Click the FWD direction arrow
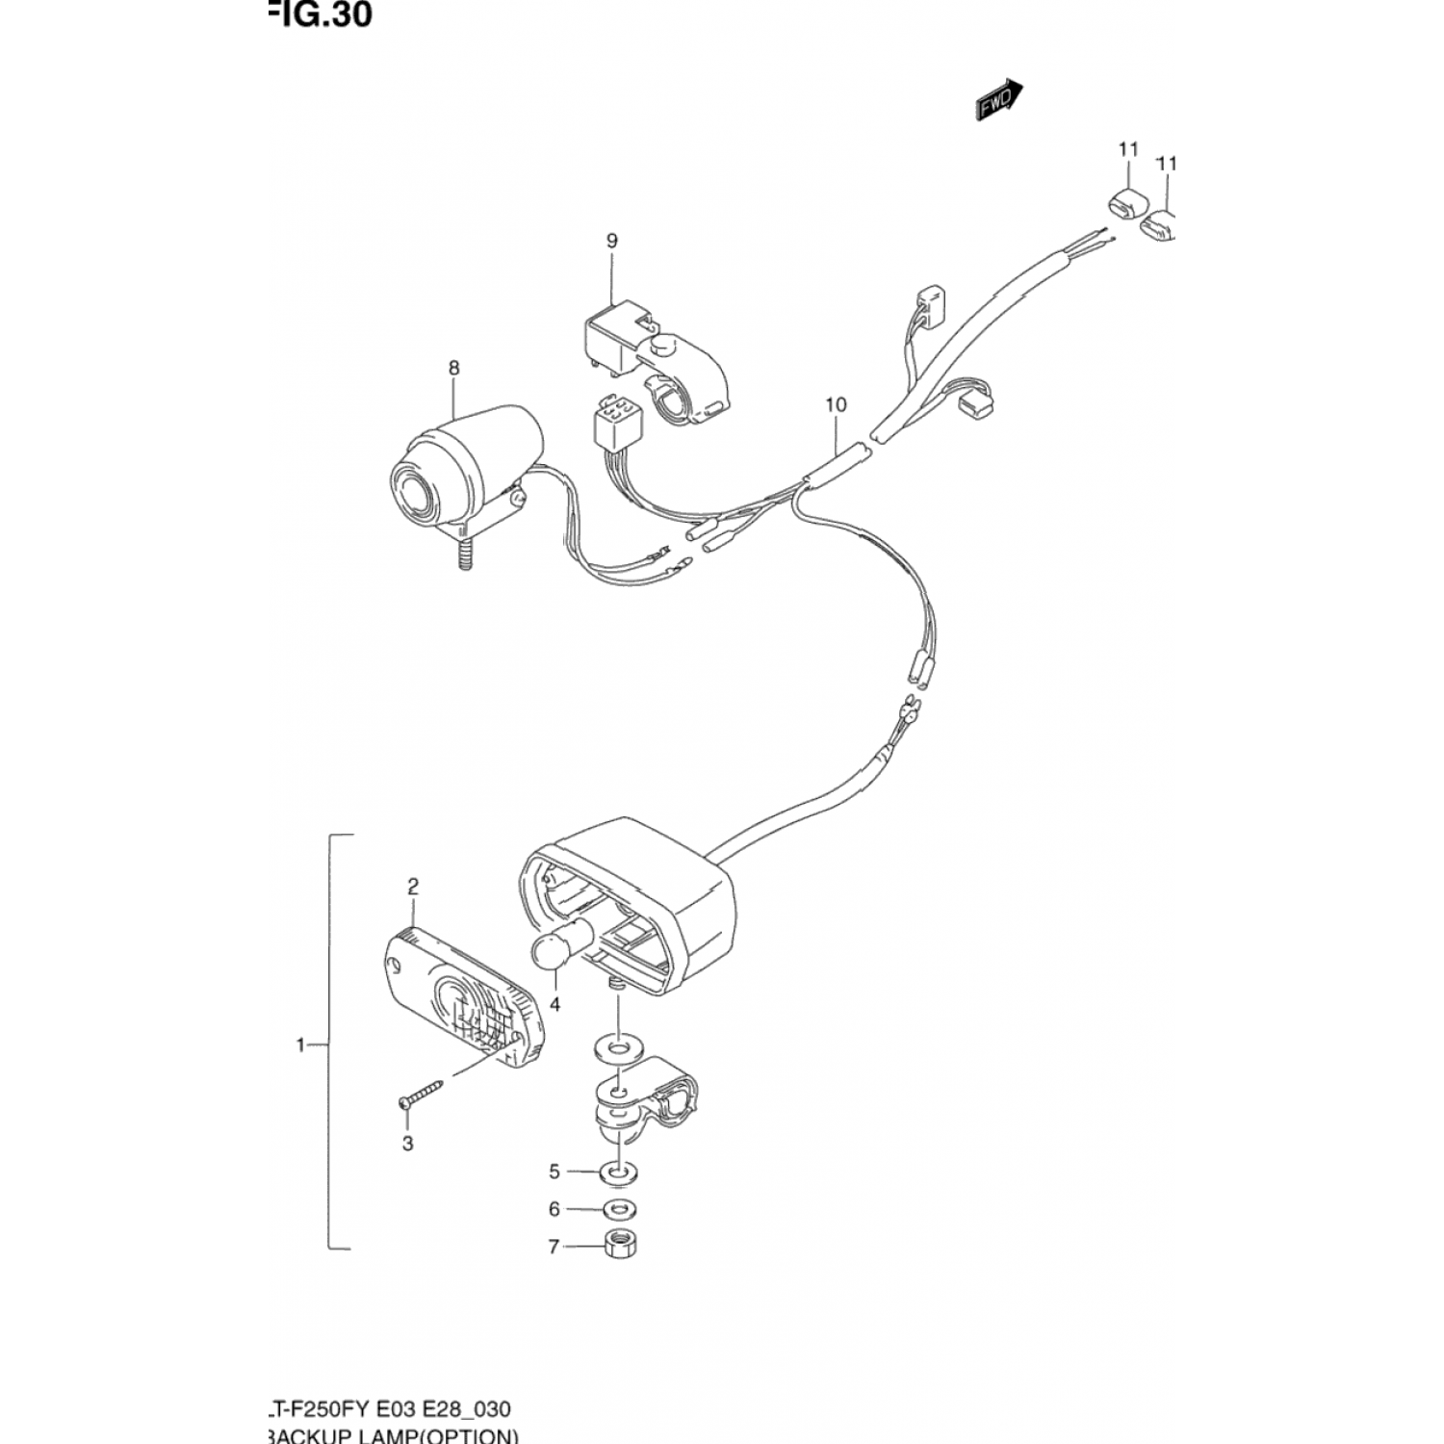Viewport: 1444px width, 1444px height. click(x=998, y=99)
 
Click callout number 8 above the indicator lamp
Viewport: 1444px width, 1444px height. click(x=453, y=368)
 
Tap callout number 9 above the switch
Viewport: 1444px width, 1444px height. click(x=612, y=241)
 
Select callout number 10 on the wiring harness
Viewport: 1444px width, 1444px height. click(x=836, y=405)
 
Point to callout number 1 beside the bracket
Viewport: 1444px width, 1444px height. click(x=300, y=1044)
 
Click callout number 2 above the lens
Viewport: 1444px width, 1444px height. click(x=413, y=886)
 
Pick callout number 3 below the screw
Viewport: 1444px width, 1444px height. click(x=408, y=1144)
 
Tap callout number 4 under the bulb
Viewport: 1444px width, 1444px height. click(x=554, y=1005)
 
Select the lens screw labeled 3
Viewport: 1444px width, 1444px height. click(x=422, y=1092)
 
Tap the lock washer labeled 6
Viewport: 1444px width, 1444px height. click(x=620, y=1209)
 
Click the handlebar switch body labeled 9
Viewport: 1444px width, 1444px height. click(x=655, y=366)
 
